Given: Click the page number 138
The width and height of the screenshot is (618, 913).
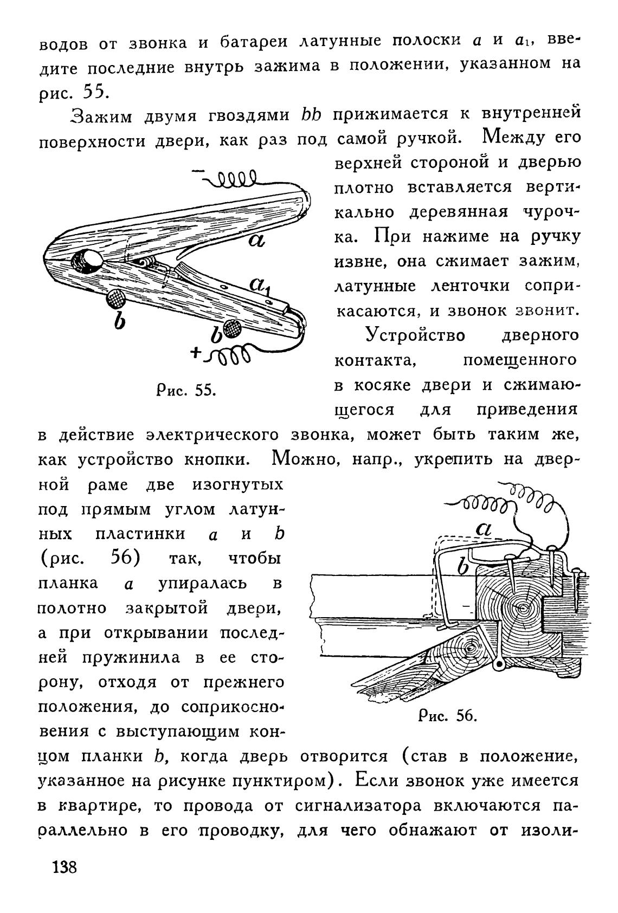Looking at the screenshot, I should pos(65,866).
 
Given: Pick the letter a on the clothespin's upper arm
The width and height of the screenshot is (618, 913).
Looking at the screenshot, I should pos(256,239).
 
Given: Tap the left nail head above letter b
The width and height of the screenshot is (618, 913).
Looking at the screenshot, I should pos(116,297).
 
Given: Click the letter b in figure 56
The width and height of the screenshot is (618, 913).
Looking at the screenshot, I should pos(462,567).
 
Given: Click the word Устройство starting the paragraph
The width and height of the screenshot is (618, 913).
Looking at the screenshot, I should pos(415,335).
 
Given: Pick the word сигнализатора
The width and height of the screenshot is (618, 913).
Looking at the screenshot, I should pos(358,806).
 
